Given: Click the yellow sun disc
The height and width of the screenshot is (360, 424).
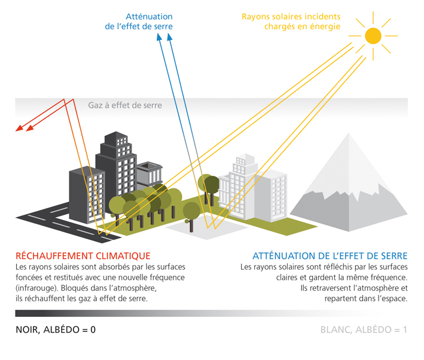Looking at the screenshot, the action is coord(373,36).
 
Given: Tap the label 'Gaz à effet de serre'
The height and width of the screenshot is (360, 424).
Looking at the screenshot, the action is coord(125,105).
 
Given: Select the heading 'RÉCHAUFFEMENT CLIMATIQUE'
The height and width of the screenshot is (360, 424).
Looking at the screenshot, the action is coord(83,255).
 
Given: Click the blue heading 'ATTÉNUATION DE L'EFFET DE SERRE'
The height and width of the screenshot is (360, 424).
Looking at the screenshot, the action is coord(330,255).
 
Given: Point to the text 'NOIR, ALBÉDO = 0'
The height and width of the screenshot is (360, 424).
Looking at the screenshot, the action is coord(56,330).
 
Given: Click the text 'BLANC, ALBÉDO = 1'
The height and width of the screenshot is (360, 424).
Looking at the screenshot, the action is coord(364,330).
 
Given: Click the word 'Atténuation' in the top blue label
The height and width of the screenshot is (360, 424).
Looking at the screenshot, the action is coord(149,17).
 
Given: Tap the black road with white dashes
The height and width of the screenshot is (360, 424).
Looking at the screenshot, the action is coord(68,223).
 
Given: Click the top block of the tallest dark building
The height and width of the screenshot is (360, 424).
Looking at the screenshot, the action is coord(116,139).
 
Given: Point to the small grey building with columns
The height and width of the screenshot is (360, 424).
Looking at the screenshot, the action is coord(150,175).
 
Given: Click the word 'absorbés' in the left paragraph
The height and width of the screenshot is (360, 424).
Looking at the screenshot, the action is coord(121,267).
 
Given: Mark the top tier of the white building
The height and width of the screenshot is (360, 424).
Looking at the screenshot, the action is coord(245,159).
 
